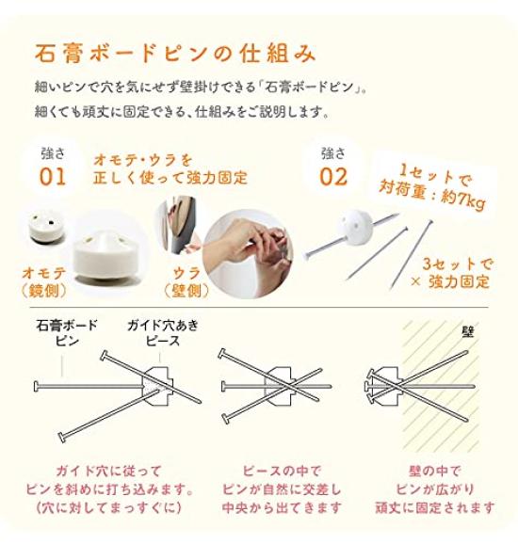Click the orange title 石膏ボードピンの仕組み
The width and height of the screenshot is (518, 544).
[x=175, y=54]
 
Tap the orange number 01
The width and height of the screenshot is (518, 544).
[x=53, y=177]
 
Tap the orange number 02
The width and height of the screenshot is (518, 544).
[x=333, y=177]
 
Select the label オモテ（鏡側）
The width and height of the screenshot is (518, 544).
[x=44, y=282]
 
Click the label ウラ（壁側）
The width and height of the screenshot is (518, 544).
[x=186, y=282]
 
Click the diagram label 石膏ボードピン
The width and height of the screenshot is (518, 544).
[x=67, y=333]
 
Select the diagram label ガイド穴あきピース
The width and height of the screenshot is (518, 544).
[x=163, y=333]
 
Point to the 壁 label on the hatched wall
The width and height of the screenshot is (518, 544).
[x=468, y=332]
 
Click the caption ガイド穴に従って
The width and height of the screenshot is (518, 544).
[x=108, y=472]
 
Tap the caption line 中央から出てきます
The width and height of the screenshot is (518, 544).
[x=282, y=508]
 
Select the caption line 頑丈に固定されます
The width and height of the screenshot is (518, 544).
[x=435, y=508]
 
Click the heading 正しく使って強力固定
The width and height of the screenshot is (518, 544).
[x=170, y=178]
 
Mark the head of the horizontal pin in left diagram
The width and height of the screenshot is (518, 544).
[x=36, y=386]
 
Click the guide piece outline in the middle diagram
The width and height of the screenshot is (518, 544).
[x=280, y=386]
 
